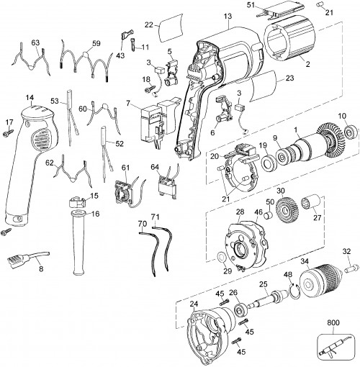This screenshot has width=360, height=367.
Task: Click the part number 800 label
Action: point(333,322)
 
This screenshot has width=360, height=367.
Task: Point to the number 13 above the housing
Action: point(228,17)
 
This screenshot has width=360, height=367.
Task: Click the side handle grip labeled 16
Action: point(79,244)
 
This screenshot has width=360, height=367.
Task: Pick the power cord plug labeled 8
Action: point(28,258)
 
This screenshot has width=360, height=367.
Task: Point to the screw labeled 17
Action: point(9,132)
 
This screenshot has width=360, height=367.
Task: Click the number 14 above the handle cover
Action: point(30,98)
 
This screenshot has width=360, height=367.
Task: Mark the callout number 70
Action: point(143,224)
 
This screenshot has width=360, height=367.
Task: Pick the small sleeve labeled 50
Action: point(269,214)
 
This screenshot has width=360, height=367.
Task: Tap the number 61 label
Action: point(125,168)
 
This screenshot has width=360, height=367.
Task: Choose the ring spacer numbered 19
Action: point(269,163)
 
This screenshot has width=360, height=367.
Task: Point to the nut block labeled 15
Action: point(77,202)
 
